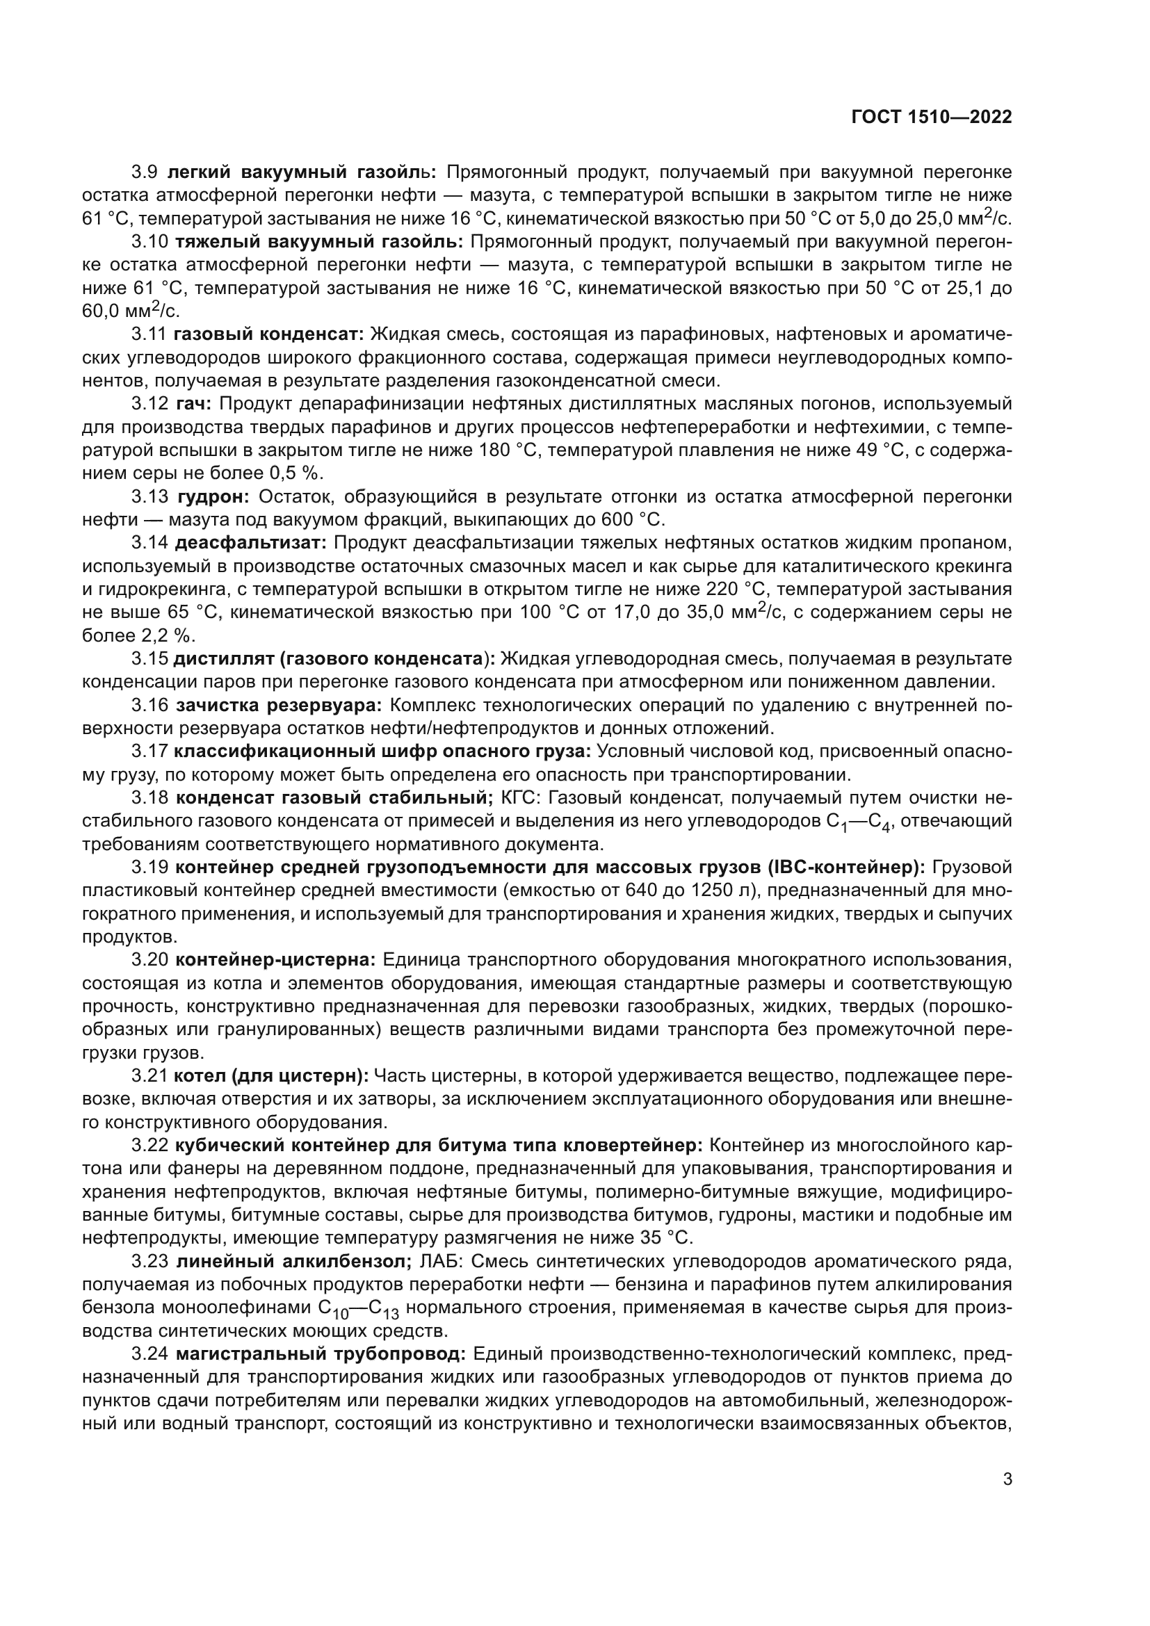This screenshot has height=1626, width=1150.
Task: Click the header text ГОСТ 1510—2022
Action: pos(931,117)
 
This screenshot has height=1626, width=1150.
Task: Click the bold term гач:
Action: pos(194,405)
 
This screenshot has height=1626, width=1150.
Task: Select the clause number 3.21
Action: pos(149,1076)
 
